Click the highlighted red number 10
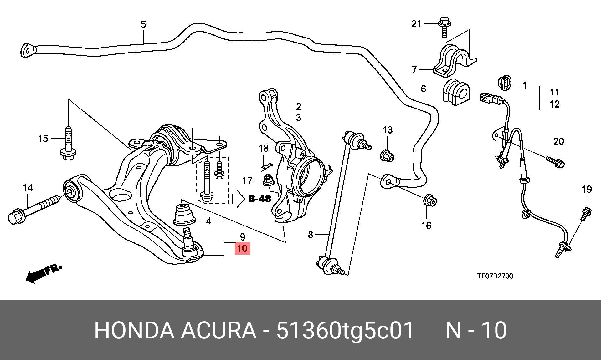(x=243, y=249)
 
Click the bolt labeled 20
(x=555, y=162)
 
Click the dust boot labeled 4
(x=184, y=214)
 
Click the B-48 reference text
(x=259, y=199)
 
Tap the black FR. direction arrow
(x=44, y=274)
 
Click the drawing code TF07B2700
(x=495, y=276)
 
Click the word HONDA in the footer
(x=134, y=330)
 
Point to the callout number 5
(x=143, y=24)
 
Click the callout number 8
(x=311, y=235)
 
